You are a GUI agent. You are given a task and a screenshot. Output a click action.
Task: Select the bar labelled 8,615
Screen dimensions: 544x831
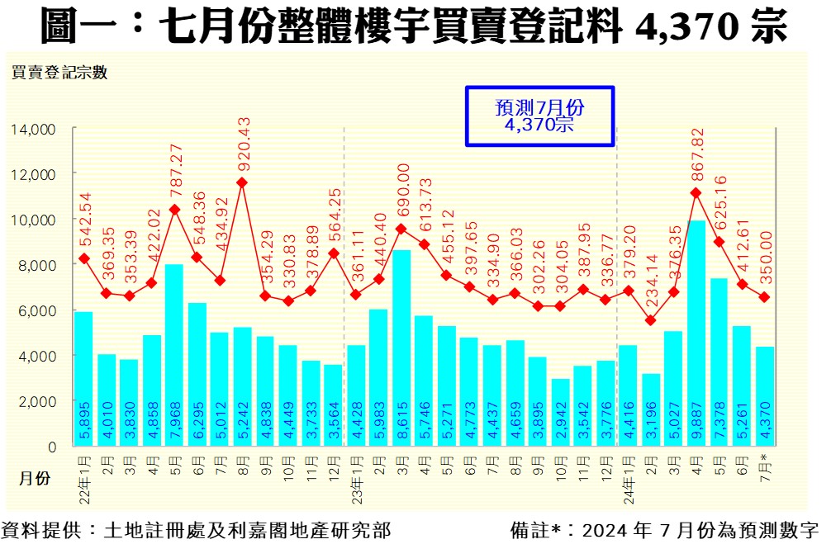401,348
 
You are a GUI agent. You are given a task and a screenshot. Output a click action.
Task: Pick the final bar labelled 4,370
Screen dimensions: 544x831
765,396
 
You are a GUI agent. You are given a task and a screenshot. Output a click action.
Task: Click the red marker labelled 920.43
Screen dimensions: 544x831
242,182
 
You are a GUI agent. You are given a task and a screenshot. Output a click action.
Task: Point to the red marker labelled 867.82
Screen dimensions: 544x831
696,193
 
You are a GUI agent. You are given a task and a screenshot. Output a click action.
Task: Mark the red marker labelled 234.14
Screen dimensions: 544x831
651,320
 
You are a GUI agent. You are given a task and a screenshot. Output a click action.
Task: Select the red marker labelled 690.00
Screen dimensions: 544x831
401,229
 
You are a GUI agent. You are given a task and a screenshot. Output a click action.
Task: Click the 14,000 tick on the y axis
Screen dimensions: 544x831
33,129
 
